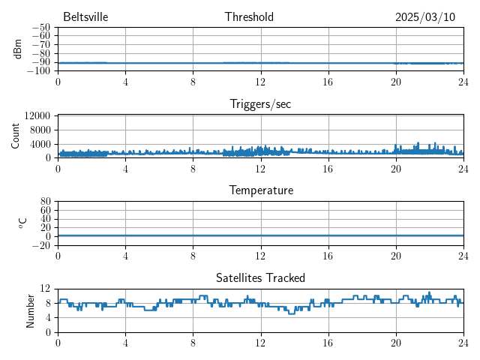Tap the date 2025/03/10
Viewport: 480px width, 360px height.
[425, 17]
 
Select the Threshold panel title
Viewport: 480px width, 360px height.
[249, 17]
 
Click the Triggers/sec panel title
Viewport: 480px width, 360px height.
[260, 104]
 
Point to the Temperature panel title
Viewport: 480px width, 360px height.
[260, 190]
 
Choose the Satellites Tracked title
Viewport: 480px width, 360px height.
[260, 277]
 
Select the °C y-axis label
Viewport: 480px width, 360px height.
[22, 223]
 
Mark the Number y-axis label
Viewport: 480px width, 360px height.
[31, 310]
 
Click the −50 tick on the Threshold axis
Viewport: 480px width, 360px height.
[40, 28]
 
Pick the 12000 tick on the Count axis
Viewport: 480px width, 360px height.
[37, 115]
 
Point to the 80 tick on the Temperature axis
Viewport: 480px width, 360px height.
[45, 202]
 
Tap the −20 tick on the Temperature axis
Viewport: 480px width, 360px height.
[40, 245]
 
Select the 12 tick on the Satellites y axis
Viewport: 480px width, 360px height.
[45, 289]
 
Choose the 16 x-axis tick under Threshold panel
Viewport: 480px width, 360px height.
[328, 81]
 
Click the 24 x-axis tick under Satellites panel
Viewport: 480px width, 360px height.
[463, 342]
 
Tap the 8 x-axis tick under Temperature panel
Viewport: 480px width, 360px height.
[193, 255]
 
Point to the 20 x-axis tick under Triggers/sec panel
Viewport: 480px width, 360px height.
[395, 168]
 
